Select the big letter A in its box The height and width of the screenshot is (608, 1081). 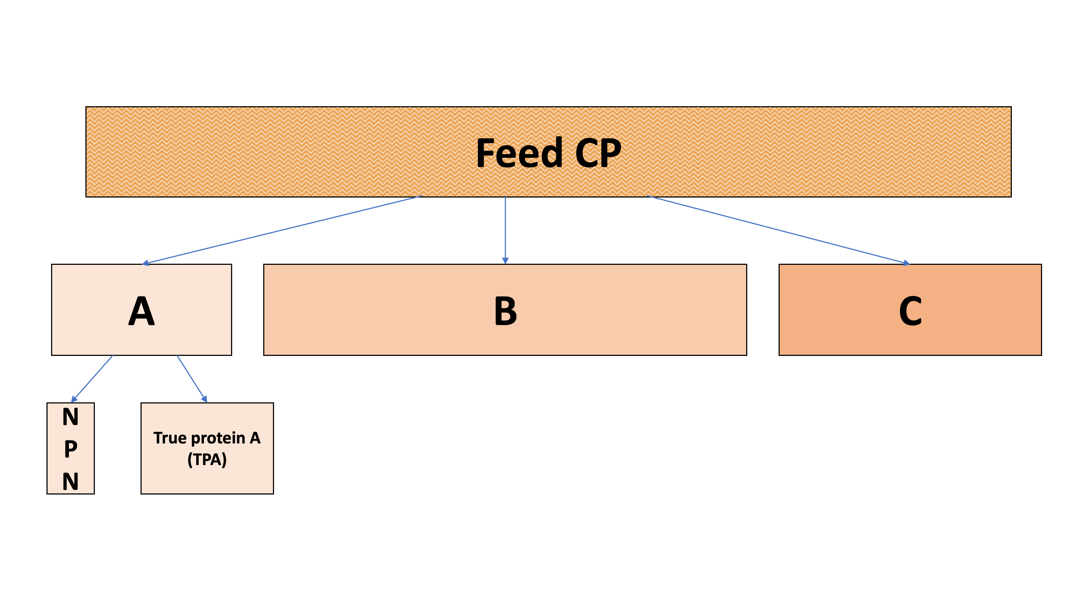coord(141,311)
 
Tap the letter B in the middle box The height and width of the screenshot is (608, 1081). coord(505,311)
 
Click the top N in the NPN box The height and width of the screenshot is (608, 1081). coord(71,417)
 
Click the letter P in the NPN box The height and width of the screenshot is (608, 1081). coord(71,449)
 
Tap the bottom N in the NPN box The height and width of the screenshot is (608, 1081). coord(71,481)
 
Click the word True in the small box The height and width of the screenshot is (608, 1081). coord(170,438)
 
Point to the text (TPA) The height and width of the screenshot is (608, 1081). coord(207,459)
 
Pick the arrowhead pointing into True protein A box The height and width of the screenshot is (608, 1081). coord(204,399)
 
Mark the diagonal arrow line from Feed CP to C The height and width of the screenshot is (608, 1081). coord(776,229)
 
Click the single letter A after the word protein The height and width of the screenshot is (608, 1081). coord(255,438)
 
